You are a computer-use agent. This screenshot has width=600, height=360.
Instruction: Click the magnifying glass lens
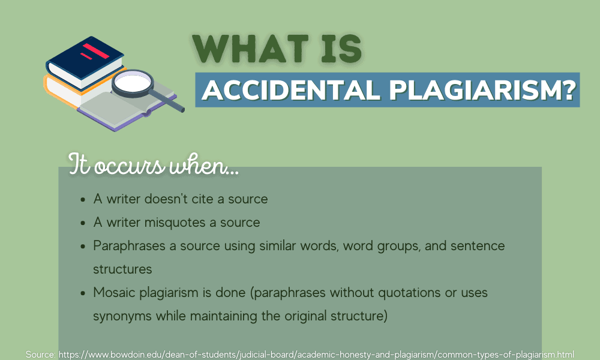pos(134,83)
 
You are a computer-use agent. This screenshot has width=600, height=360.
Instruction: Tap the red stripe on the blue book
pos(95,51)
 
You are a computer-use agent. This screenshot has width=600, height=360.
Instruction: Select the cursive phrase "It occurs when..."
pos(154,164)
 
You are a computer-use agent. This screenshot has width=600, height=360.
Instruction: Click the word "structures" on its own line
pos(122,269)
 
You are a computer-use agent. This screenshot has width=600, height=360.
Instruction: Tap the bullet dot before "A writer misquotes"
pos(82,223)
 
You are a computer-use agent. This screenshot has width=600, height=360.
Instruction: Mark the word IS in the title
pos(338,49)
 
